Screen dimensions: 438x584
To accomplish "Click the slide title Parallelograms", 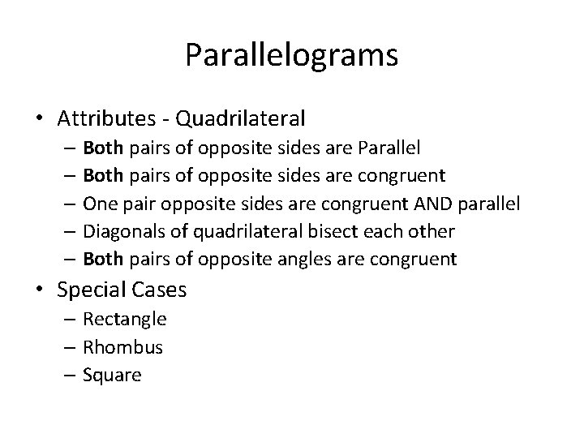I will tap(291, 56).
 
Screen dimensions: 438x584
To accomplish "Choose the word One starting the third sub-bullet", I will tap(100, 204).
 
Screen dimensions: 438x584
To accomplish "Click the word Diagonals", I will tap(122, 231).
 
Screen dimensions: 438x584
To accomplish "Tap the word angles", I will tap(307, 260).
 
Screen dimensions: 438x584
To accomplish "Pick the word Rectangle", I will tap(125, 320).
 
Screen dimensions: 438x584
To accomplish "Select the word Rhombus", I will tap(123, 347).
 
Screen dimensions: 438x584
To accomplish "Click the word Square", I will tap(113, 375).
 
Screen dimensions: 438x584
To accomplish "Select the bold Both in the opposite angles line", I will tap(103, 259).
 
